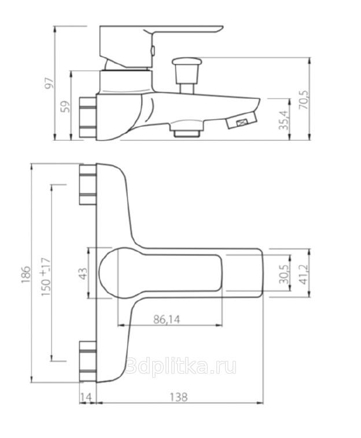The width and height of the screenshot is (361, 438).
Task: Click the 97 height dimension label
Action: click(49, 83)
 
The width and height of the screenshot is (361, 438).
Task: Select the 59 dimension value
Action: click(67, 107)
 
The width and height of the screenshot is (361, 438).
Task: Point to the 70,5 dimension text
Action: click(304, 100)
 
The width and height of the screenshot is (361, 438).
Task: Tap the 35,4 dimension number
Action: click(283, 120)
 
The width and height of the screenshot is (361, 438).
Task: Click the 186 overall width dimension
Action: click(25, 274)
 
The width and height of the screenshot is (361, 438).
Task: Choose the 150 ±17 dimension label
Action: click(46, 277)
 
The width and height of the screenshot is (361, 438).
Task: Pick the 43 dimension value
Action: click(83, 273)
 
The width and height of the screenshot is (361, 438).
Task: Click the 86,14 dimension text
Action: click(167, 319)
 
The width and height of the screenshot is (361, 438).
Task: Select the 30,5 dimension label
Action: click(284, 275)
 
